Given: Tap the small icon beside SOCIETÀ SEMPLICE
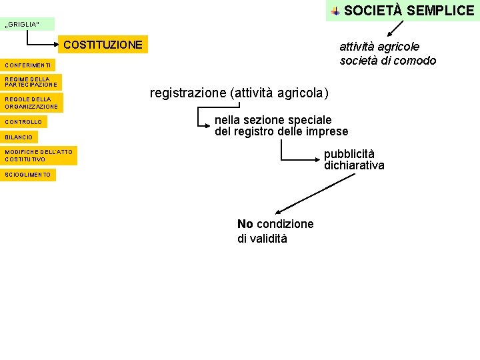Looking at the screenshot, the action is (x=335, y=11).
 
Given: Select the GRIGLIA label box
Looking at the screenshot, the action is (x=27, y=24).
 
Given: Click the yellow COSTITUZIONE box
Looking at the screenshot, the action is (x=103, y=45).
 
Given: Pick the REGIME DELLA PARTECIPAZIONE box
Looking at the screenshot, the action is (x=31, y=82).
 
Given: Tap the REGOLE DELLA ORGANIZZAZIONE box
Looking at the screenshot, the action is (x=31, y=103).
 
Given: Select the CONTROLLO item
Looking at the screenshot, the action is (x=23, y=122).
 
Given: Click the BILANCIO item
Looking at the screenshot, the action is (x=19, y=137).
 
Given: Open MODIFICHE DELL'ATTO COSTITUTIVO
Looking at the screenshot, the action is (x=39, y=156).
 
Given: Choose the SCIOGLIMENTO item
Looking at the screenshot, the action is (x=28, y=175).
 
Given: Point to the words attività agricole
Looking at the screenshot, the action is (x=379, y=47).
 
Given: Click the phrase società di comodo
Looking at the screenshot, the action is (x=387, y=61).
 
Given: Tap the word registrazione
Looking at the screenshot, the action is (x=187, y=93).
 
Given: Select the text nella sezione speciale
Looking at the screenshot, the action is (x=273, y=120).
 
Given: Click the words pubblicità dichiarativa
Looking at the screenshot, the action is (x=354, y=159).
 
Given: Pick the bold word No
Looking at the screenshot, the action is (x=245, y=224).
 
